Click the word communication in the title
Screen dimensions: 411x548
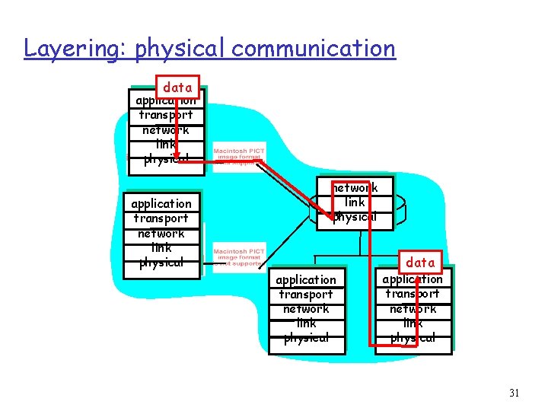314,49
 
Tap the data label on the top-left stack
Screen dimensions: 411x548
177,88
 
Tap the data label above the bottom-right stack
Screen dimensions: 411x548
420,263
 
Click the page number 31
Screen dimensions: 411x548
514,393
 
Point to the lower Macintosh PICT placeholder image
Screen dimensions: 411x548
239,258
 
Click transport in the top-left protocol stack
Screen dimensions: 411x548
165,115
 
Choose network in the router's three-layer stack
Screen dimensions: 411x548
355,188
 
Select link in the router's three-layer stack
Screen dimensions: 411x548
355,202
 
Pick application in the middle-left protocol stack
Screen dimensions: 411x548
161,204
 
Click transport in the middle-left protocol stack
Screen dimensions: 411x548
161,218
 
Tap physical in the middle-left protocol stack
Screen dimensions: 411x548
161,263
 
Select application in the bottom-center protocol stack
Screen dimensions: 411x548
306,280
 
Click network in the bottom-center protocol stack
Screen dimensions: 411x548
306,309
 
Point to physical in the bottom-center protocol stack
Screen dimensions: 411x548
306,338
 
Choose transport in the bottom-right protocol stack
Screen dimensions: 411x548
413,294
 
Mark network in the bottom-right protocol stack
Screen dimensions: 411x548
413,309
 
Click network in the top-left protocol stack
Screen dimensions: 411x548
165,130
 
